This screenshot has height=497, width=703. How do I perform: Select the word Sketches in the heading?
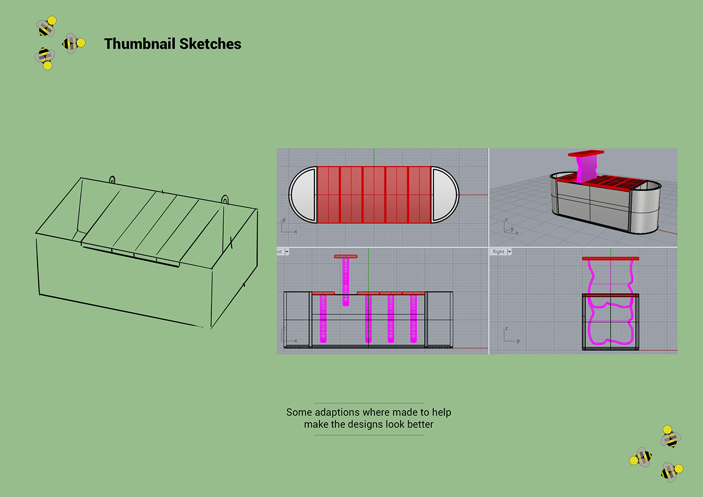coord(210,44)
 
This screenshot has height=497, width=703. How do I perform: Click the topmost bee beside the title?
coord(47,27)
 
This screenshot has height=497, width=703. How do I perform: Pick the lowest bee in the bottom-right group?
coord(671,471)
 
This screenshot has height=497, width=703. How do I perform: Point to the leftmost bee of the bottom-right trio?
coord(641,457)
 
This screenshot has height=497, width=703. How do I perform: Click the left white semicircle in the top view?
coord(303,195)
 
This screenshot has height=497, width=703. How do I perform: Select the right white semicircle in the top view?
coord(444,195)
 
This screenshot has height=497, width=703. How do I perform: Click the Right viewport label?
coord(498,252)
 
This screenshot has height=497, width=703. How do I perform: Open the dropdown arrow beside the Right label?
coord(509,252)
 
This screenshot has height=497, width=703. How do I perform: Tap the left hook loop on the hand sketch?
coord(112,180)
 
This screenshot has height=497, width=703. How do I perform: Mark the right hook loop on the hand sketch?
coord(225,200)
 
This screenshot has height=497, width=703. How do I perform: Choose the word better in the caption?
coord(420,424)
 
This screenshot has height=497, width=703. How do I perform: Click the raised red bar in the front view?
coord(345,257)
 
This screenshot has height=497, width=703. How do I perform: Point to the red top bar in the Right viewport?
coord(611,259)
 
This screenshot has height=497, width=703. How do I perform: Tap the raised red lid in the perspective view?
coord(585,153)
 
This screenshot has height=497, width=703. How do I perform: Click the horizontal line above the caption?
coord(369,403)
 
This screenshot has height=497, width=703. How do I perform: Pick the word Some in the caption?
coord(299,412)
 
